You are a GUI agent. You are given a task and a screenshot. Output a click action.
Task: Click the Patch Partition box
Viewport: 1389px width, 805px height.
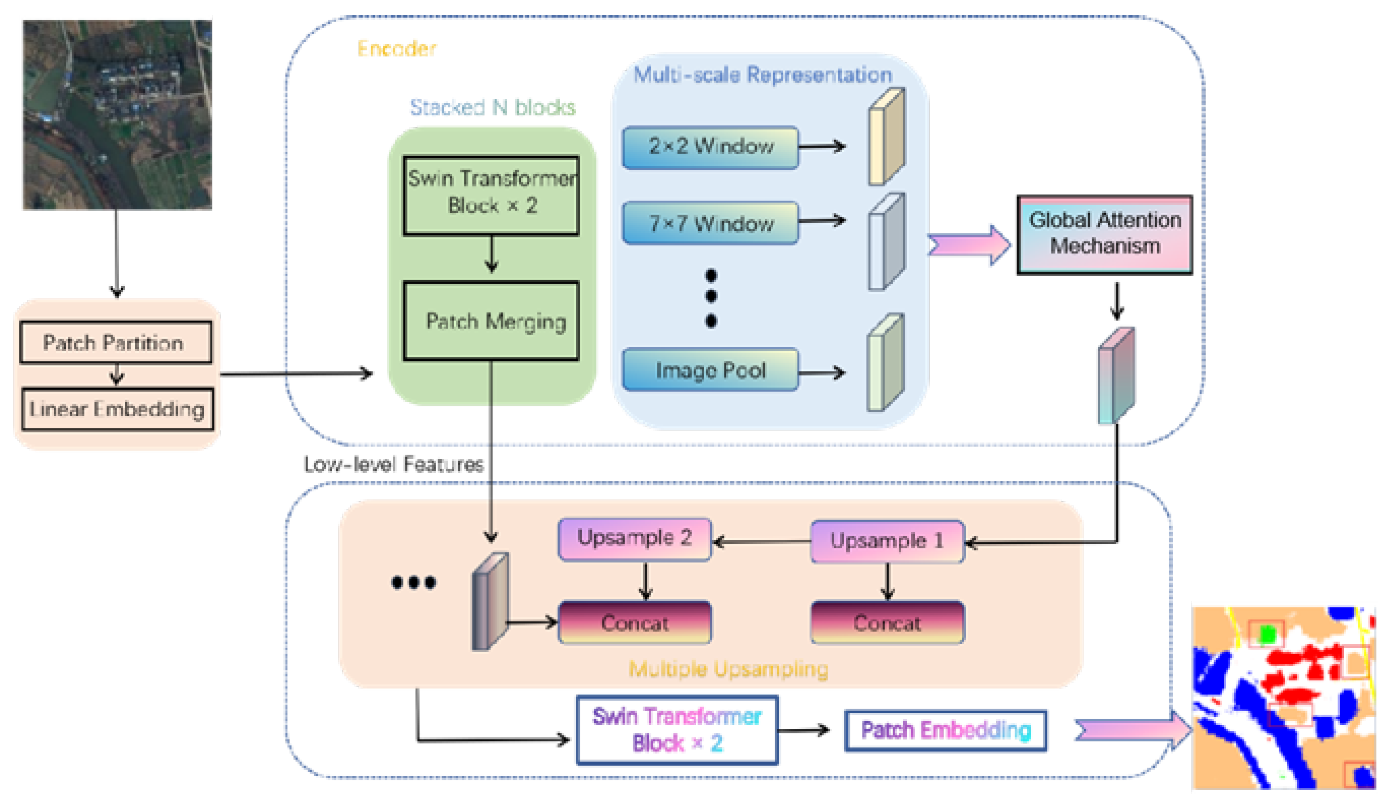[x=116, y=342]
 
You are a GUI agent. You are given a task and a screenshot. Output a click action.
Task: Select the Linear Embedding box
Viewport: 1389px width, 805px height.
[x=117, y=409]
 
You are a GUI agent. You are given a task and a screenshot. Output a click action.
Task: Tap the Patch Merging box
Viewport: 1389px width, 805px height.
[x=491, y=321]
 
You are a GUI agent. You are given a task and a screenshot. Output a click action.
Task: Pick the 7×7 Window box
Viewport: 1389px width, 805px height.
[x=710, y=223]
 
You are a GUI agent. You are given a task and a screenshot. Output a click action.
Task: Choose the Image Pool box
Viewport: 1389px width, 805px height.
[x=710, y=370]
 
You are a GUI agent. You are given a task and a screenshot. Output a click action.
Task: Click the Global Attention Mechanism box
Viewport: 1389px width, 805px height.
[x=1104, y=234]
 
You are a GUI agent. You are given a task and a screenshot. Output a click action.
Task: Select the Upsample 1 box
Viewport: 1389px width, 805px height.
[x=887, y=541]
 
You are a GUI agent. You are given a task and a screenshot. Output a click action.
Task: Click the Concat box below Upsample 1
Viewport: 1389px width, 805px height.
[x=887, y=623]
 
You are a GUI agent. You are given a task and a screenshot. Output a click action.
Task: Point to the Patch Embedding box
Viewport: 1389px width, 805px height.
[x=945, y=730]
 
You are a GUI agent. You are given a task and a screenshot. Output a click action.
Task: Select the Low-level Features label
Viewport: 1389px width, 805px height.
[x=394, y=464]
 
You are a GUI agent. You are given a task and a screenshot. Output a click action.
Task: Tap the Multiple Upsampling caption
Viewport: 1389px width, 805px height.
[x=728, y=669]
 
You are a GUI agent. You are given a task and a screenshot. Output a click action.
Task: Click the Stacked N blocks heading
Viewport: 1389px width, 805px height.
[x=492, y=107]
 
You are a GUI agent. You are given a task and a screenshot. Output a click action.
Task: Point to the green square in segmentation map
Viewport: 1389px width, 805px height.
[x=1268, y=635]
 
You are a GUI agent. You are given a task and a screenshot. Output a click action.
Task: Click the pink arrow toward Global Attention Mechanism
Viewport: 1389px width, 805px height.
[x=969, y=245]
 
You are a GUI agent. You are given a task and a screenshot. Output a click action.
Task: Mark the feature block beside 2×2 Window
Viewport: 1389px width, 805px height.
[x=886, y=137]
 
